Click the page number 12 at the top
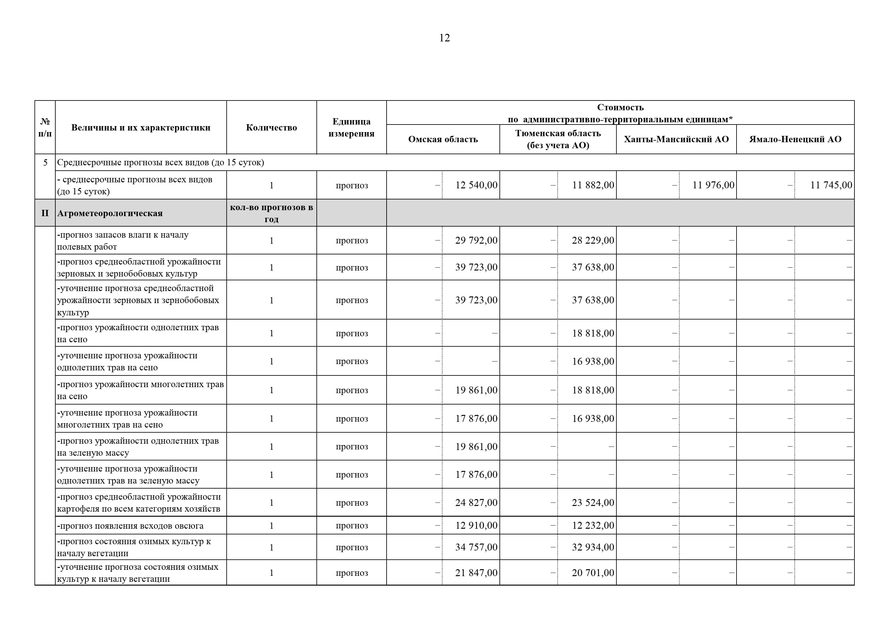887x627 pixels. point(444,38)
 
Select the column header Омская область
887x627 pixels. point(443,139)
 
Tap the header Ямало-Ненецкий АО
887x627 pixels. point(795,139)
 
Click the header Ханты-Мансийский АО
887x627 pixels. point(676,139)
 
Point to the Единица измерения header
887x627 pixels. point(351,127)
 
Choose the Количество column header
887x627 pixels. point(271,127)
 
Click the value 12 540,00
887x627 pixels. point(476,185)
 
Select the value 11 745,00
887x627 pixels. point(831,185)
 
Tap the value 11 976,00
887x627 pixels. point(713,185)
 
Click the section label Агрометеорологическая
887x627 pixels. point(110,213)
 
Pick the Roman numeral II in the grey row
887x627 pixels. point(45,213)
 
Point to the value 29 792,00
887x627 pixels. point(476,240)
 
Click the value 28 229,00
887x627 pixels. point(593,240)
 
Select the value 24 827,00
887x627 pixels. point(476,502)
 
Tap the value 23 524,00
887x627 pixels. point(593,502)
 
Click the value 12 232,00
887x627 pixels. point(593,526)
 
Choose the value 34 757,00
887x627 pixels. point(476,547)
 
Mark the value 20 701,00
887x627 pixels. point(593,573)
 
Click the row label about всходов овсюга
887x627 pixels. point(130,526)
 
